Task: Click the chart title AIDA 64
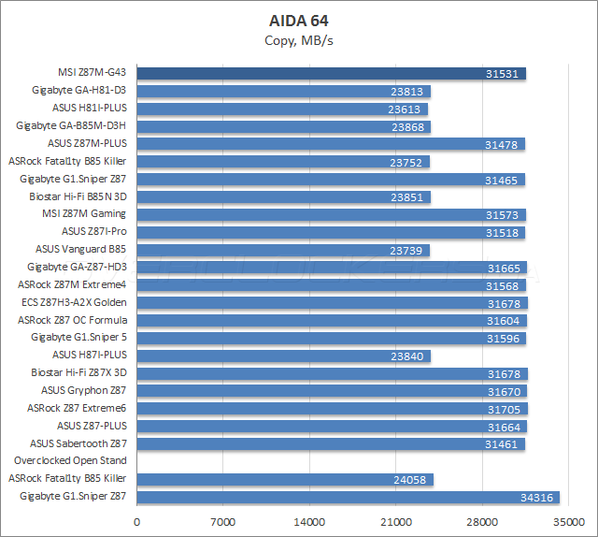click(x=298, y=20)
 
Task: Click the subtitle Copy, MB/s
click(x=298, y=39)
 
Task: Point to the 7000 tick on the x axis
click(x=223, y=522)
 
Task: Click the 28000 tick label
click(x=482, y=522)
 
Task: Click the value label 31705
click(x=505, y=409)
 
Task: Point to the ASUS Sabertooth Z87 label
click(x=78, y=443)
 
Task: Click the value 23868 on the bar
click(x=409, y=126)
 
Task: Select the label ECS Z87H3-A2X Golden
click(x=73, y=302)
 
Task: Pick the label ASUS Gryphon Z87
click(x=83, y=390)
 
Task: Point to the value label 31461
click(x=504, y=443)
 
